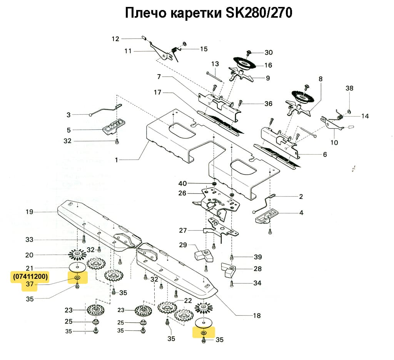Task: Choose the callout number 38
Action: click(x=349, y=88)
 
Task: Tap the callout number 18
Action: click(x=257, y=316)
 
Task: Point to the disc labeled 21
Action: click(x=77, y=267)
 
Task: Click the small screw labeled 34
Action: click(x=232, y=284)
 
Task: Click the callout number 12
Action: click(x=116, y=38)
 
